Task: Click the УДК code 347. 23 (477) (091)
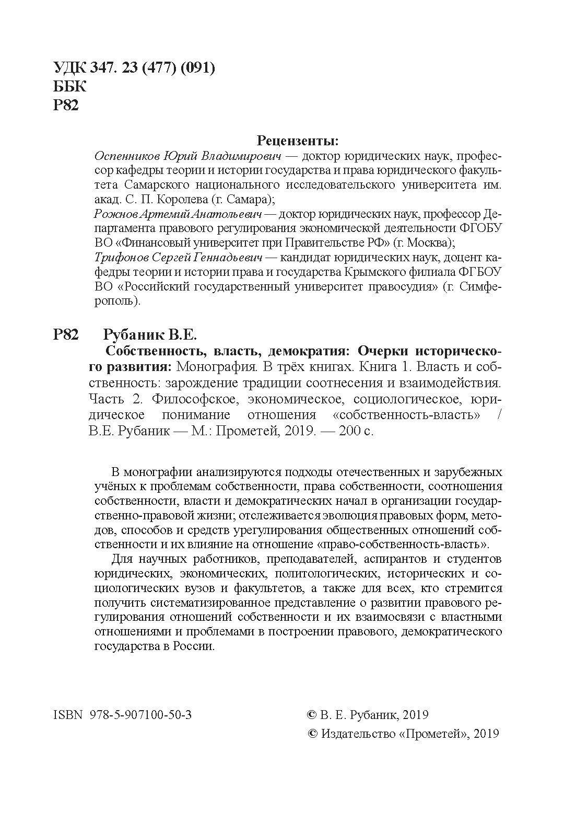pyautogui.click(x=152, y=68)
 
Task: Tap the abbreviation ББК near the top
pyautogui.click(x=70, y=86)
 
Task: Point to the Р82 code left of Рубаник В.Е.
pyautogui.click(x=66, y=334)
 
